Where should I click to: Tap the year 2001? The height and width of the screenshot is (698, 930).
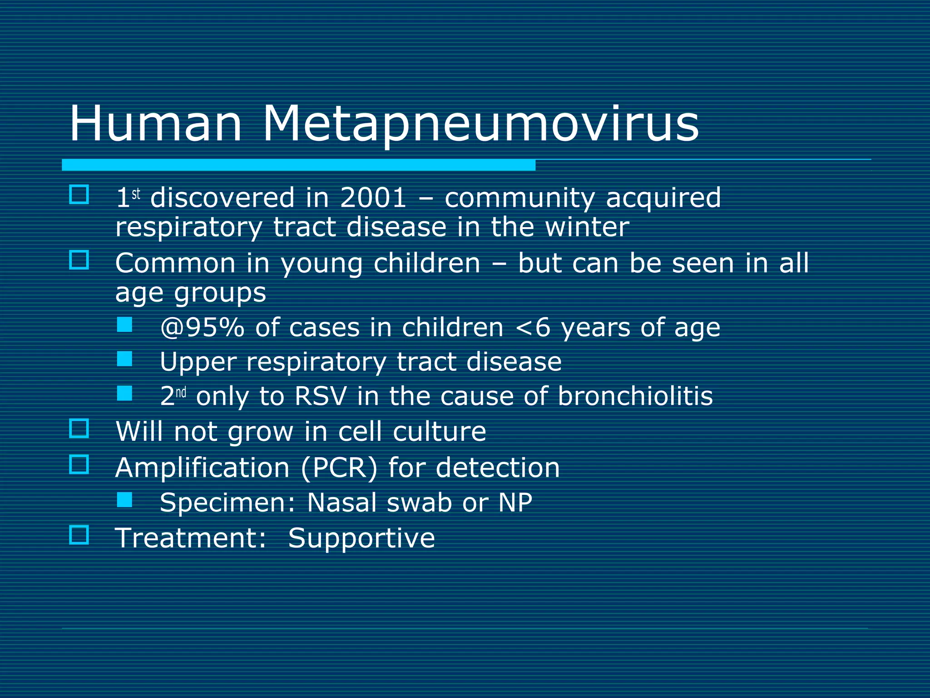click(x=373, y=199)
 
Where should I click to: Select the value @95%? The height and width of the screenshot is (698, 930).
click(x=202, y=328)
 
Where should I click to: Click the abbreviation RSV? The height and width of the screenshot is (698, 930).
click(x=321, y=396)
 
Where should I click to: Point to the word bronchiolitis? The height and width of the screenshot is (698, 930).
click(x=635, y=396)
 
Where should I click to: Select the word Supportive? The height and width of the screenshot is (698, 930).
click(x=361, y=538)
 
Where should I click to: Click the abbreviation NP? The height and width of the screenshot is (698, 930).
click(x=515, y=503)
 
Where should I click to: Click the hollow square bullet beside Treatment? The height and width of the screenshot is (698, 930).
click(x=79, y=535)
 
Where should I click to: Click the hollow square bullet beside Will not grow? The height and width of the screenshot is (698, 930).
click(x=79, y=428)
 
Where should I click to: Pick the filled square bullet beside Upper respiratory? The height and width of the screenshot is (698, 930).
click(x=124, y=359)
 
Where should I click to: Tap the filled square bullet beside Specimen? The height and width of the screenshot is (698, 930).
click(x=124, y=500)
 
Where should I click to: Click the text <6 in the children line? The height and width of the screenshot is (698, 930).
click(x=533, y=328)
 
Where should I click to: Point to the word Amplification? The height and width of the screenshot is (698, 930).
click(x=203, y=468)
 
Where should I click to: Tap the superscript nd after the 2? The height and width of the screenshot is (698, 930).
click(x=181, y=392)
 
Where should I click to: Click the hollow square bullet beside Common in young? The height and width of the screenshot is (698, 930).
click(x=79, y=260)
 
